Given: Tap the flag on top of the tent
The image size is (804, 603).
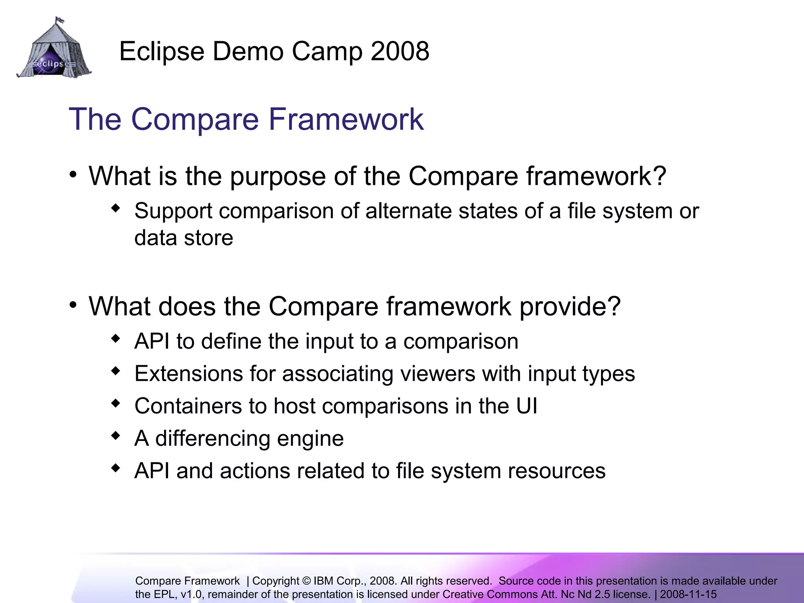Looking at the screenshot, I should pos(60,19).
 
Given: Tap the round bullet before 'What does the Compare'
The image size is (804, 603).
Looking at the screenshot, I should pos(73,305).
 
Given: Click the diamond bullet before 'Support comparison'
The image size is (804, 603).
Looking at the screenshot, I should pos(115,208).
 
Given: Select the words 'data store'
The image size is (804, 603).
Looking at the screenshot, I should pos(184,238).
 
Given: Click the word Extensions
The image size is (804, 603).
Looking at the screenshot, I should pos(189,373).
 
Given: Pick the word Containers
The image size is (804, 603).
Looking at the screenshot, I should pos(188,406).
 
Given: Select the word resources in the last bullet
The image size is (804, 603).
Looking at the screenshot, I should pos(556,471).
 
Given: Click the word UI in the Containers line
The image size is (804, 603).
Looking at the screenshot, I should pos(526,406).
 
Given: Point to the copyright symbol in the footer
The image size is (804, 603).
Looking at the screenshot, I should pos(307,581).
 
